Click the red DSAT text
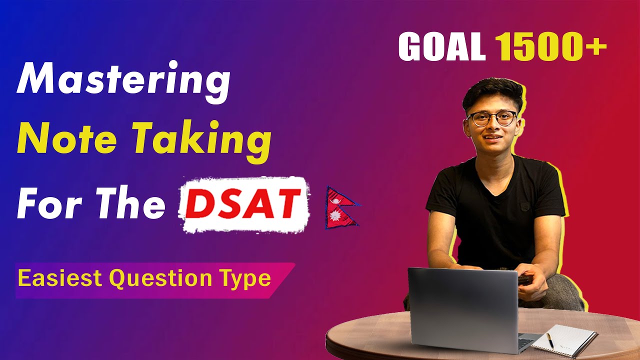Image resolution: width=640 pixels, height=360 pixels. pyautogui.click(x=244, y=205)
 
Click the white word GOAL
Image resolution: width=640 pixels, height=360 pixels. pyautogui.click(x=441, y=48)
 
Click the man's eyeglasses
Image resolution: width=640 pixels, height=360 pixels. pyautogui.click(x=491, y=118)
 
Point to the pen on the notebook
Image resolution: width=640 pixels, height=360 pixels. pyautogui.click(x=550, y=340)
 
